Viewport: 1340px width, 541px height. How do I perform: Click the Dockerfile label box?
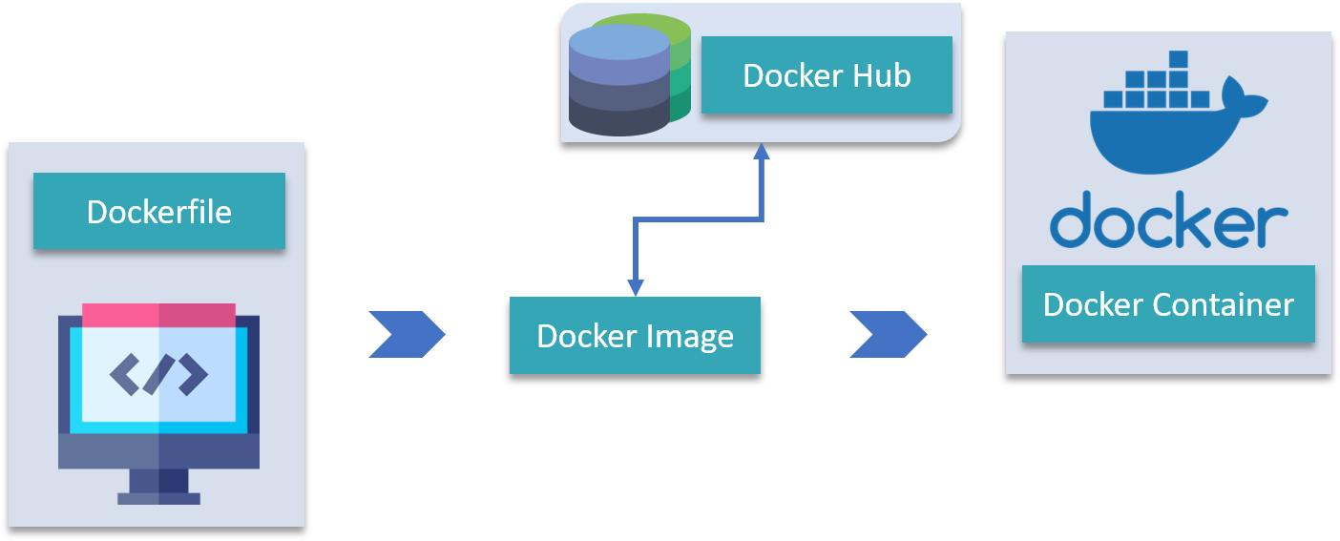coord(158,211)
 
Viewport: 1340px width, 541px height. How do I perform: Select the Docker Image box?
coord(635,335)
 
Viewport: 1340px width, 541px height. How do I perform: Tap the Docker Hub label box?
coord(827,75)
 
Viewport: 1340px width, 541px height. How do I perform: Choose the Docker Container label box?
coord(1168,304)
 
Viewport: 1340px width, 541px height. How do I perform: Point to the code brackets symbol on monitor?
coord(158,374)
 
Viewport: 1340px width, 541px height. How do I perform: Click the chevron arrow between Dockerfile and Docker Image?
coord(406,334)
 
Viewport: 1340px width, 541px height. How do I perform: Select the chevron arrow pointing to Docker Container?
coord(887,334)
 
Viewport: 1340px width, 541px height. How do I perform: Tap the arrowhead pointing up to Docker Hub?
coord(761,151)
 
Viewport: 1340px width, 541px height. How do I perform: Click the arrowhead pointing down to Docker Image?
coord(636,287)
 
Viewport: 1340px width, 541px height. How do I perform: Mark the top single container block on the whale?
coord(1178,59)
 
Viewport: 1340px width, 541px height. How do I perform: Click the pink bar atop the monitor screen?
coord(158,315)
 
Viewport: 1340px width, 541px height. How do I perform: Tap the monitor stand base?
coord(158,497)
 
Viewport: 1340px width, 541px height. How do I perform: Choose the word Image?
coord(693,336)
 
